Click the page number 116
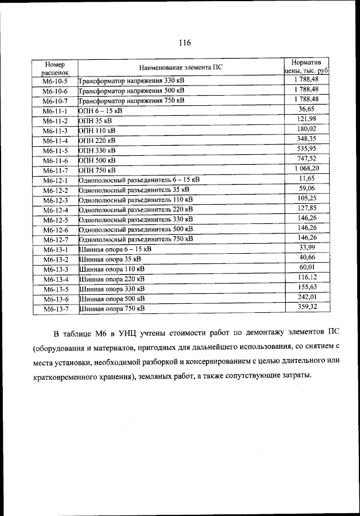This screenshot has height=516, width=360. tap(185, 43)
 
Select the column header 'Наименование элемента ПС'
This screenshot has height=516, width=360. tap(181, 67)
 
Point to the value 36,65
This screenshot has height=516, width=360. tap(307, 109)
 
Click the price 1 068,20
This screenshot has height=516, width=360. tap(307, 168)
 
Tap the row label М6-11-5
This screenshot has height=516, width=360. tap(55, 151)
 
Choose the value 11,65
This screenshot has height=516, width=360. tap(307, 178)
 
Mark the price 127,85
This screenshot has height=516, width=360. tap(307, 208)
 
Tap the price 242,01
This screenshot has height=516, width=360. tap(307, 297)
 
